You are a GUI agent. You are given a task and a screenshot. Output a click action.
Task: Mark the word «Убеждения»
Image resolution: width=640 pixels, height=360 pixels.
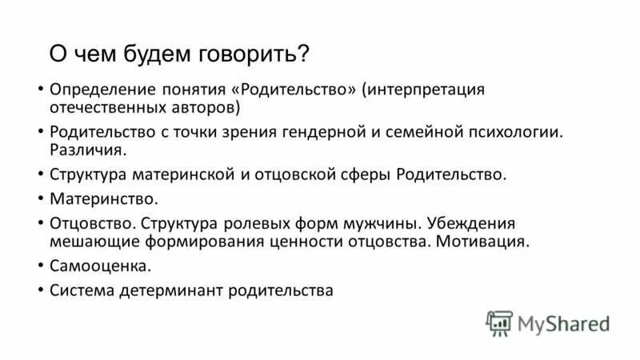(472, 222)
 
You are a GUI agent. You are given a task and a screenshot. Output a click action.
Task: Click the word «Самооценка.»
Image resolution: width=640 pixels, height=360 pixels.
(100, 266)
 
